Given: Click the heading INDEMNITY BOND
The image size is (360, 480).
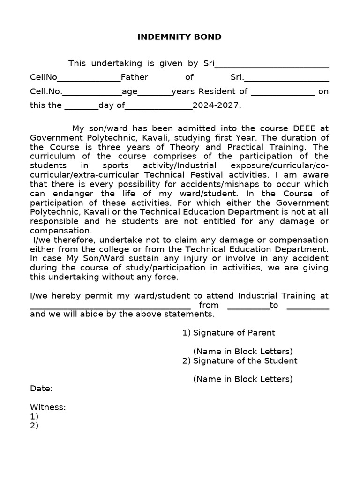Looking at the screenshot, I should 180,37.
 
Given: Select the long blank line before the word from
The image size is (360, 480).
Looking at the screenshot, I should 110,307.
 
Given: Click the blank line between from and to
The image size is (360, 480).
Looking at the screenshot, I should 248,307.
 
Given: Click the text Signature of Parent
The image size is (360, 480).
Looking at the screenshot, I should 234,333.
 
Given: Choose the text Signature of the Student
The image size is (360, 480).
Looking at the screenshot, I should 245,360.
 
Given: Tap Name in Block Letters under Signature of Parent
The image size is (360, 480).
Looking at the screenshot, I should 243,351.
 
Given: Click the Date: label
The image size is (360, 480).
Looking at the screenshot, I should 41,389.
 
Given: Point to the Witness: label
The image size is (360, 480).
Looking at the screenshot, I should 48,407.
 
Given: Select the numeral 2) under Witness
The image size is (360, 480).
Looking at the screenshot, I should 34,426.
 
